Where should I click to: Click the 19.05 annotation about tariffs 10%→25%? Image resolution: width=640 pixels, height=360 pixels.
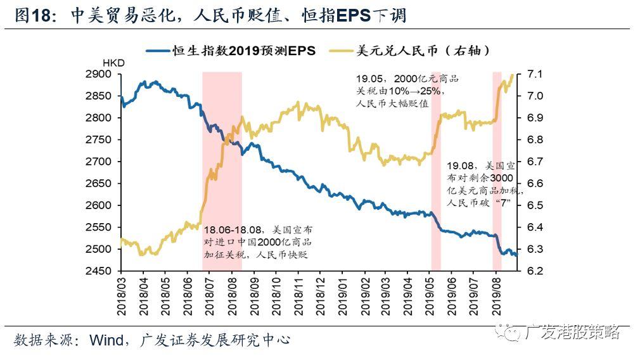(x=406, y=91)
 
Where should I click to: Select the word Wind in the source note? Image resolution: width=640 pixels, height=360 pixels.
(x=107, y=340)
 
